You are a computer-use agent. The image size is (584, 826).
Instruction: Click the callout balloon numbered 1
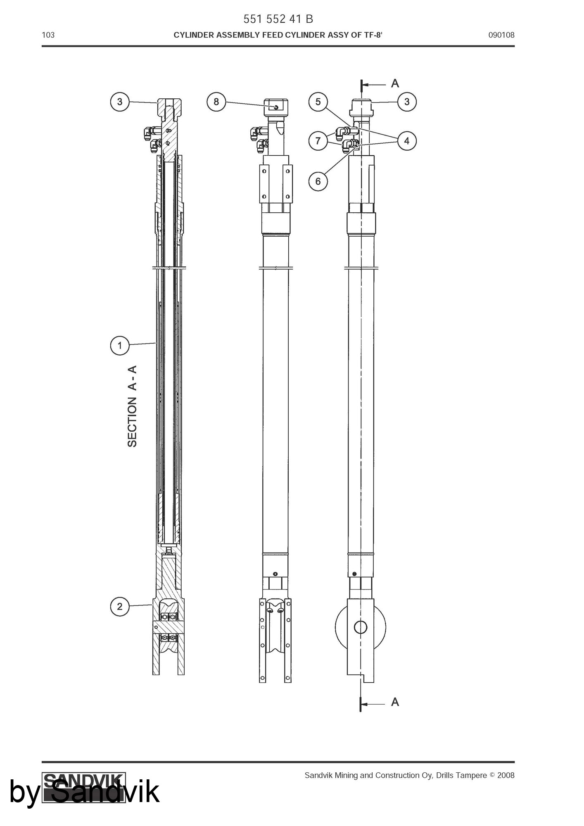[120, 345]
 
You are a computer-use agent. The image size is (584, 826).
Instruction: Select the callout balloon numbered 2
[120, 606]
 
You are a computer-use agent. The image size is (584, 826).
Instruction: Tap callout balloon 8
[216, 102]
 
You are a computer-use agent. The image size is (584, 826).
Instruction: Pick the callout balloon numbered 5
[318, 102]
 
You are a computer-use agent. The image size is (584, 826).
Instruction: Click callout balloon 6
[318, 181]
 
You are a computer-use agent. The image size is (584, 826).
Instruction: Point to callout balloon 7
[318, 141]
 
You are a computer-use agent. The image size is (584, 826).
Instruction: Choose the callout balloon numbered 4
[407, 141]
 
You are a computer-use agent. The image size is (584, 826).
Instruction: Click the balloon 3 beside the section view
[120, 102]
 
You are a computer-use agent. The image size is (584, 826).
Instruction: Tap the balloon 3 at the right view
[407, 102]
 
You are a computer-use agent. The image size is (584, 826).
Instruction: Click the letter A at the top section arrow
[395, 83]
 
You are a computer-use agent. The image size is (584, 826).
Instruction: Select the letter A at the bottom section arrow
[395, 702]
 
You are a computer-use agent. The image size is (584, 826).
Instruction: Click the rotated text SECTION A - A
[132, 406]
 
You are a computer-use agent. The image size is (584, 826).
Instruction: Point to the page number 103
[48, 35]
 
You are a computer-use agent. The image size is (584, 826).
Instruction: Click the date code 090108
[501, 35]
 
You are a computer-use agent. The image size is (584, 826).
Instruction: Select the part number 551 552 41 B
[278, 19]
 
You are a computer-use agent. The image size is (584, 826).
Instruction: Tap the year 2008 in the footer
[506, 775]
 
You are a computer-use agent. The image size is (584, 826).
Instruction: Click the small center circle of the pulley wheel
[361, 627]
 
